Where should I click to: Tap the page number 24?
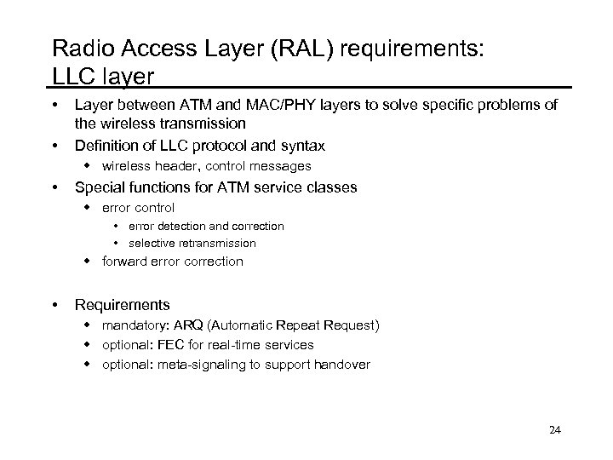tap(555, 429)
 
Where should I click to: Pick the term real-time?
tap(232, 345)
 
